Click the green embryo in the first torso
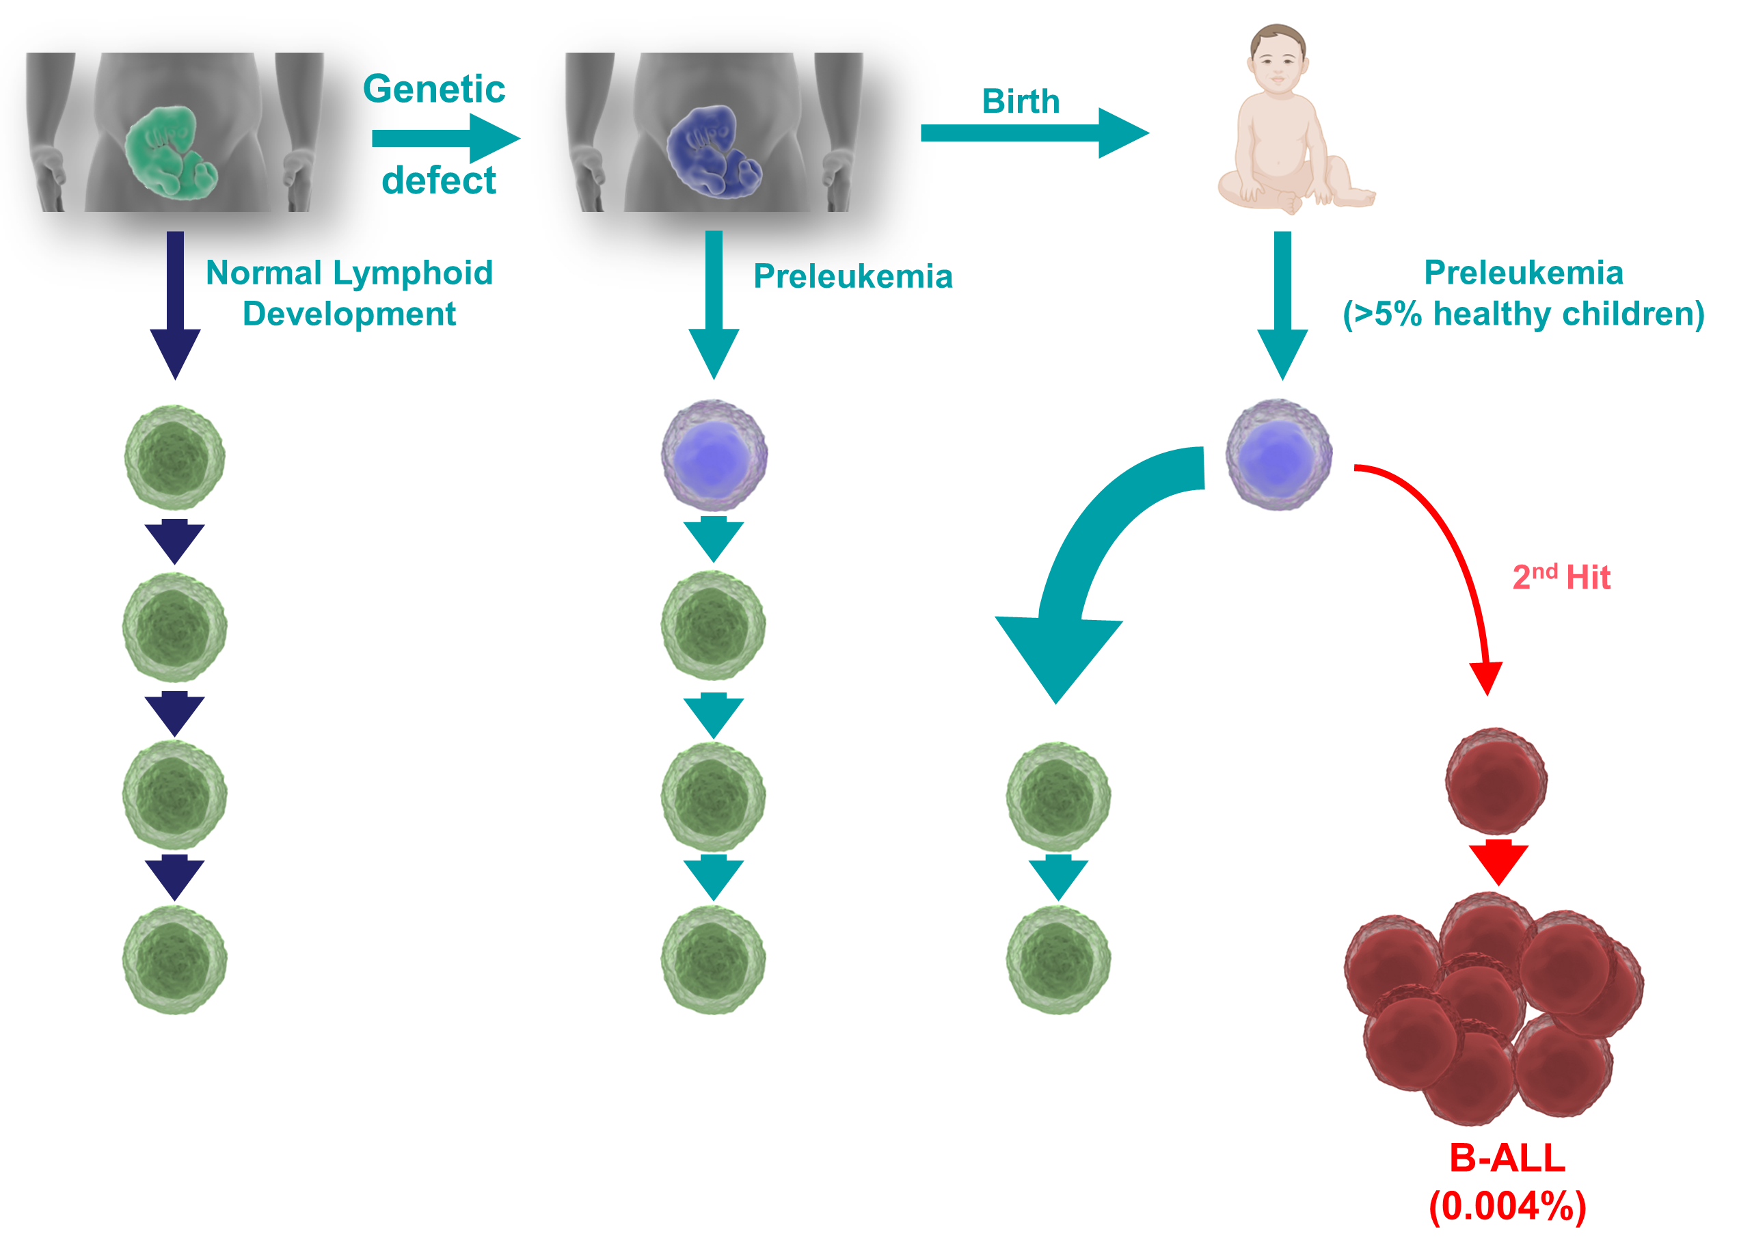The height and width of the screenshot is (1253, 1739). coord(171,152)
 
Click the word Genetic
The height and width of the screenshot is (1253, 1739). coord(434,89)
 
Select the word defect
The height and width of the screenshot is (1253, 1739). coord(439,181)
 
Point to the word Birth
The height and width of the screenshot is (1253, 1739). coord(1021,101)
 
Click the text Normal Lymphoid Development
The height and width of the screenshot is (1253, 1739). coord(349,293)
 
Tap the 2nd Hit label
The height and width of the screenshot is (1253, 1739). coord(1561,577)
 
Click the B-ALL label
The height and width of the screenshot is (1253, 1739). coord(1507,1157)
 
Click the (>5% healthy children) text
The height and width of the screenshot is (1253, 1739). coord(1524,314)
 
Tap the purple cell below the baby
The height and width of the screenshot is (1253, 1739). coord(1278,454)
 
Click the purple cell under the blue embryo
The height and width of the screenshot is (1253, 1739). coord(714,455)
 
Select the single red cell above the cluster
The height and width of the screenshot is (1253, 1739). coord(1496,781)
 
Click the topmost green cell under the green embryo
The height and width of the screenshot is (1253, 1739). coord(175,457)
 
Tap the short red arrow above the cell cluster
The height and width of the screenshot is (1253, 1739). coord(1498,862)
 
